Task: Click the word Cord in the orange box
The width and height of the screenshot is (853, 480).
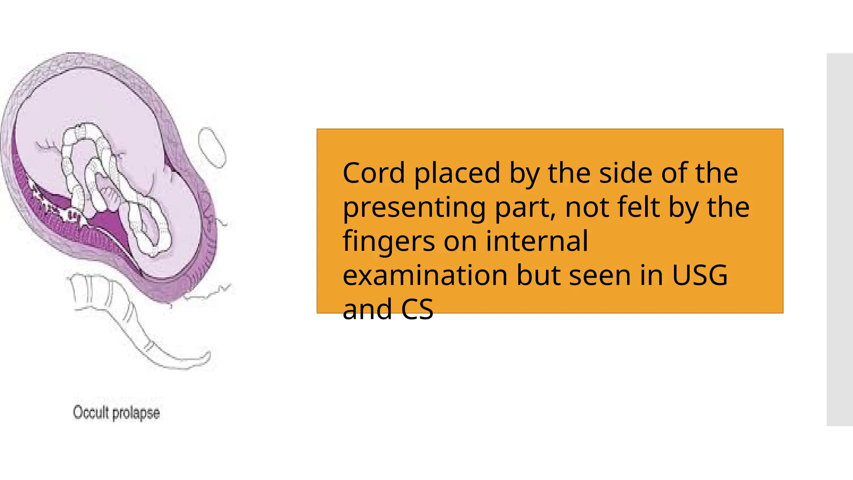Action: coord(374,173)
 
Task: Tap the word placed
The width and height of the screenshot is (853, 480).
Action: coord(457,173)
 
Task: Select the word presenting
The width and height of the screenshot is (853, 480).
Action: coord(414,208)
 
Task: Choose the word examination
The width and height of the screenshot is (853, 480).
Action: coord(425,275)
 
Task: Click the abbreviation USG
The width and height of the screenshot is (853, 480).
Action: coord(700,275)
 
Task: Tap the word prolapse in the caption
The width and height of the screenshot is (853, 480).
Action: coord(136,413)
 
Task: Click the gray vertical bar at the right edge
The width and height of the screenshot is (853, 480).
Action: coord(840,240)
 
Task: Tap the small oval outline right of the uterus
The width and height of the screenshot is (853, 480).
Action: coord(212,147)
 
